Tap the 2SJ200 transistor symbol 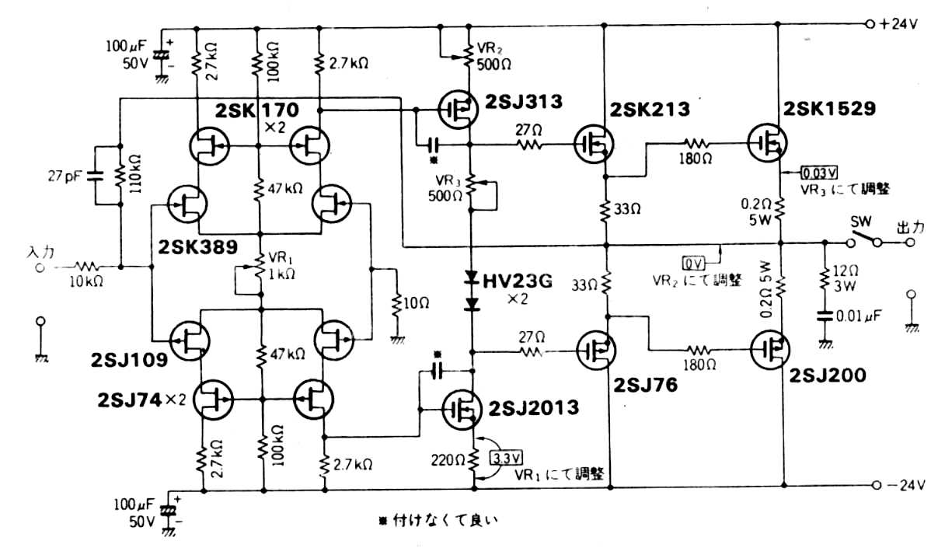(x=771, y=350)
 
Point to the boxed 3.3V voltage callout (x=505, y=456)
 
